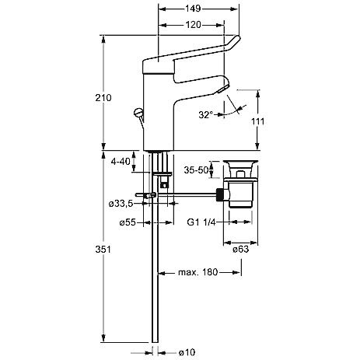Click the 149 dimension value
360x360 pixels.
193,9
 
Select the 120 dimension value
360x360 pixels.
194,25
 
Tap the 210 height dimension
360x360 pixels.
103,98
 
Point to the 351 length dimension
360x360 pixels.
103,249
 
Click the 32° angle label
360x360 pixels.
205,114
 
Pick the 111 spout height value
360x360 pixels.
257,121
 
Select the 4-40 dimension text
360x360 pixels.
121,162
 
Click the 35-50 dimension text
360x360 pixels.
196,170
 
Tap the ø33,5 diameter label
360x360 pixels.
121,204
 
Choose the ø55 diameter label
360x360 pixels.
128,222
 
